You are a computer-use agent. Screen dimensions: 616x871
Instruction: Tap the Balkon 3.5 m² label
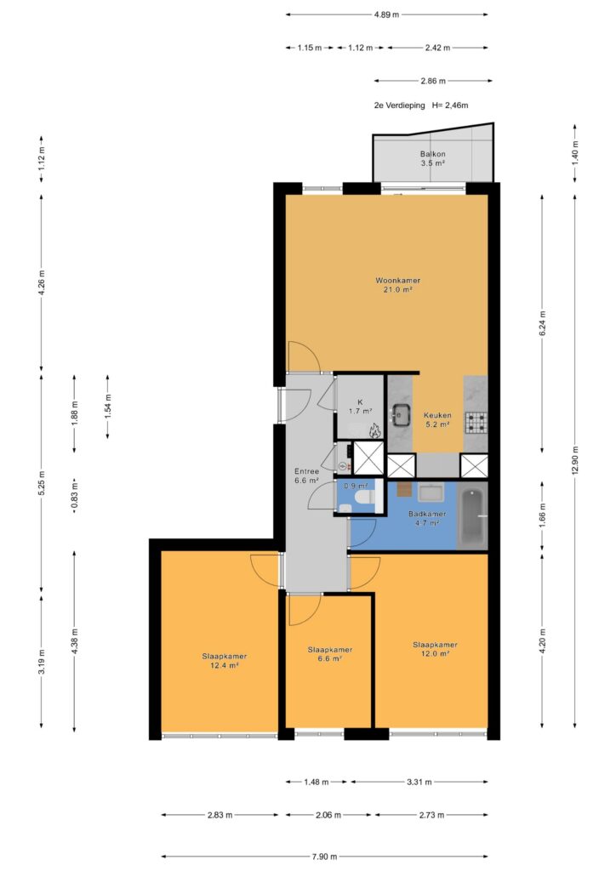click(432, 158)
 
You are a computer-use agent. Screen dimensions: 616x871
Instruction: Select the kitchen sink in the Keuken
click(401, 413)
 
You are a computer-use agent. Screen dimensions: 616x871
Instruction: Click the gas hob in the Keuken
click(476, 422)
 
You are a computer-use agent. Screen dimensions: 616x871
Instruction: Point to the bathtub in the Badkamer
click(472, 516)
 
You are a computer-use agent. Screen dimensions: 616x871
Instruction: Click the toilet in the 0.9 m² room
click(365, 496)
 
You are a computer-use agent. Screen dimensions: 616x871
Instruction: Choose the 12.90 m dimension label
click(575, 460)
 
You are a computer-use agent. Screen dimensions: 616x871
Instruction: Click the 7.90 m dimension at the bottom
click(325, 857)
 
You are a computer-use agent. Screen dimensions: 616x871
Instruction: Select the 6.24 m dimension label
click(543, 323)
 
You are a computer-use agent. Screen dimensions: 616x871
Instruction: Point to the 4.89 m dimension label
click(386, 14)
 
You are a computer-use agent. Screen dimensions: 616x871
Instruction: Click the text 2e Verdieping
click(399, 105)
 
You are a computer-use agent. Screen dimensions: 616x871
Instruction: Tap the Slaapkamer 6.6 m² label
click(330, 654)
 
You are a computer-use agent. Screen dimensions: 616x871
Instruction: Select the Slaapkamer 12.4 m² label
click(225, 660)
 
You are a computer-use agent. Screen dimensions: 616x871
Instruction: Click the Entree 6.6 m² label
click(306, 476)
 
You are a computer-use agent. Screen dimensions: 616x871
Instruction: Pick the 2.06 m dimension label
click(328, 815)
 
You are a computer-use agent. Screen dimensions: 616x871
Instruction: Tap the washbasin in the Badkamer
click(431, 492)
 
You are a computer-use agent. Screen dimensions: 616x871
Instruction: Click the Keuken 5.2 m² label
click(437, 420)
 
